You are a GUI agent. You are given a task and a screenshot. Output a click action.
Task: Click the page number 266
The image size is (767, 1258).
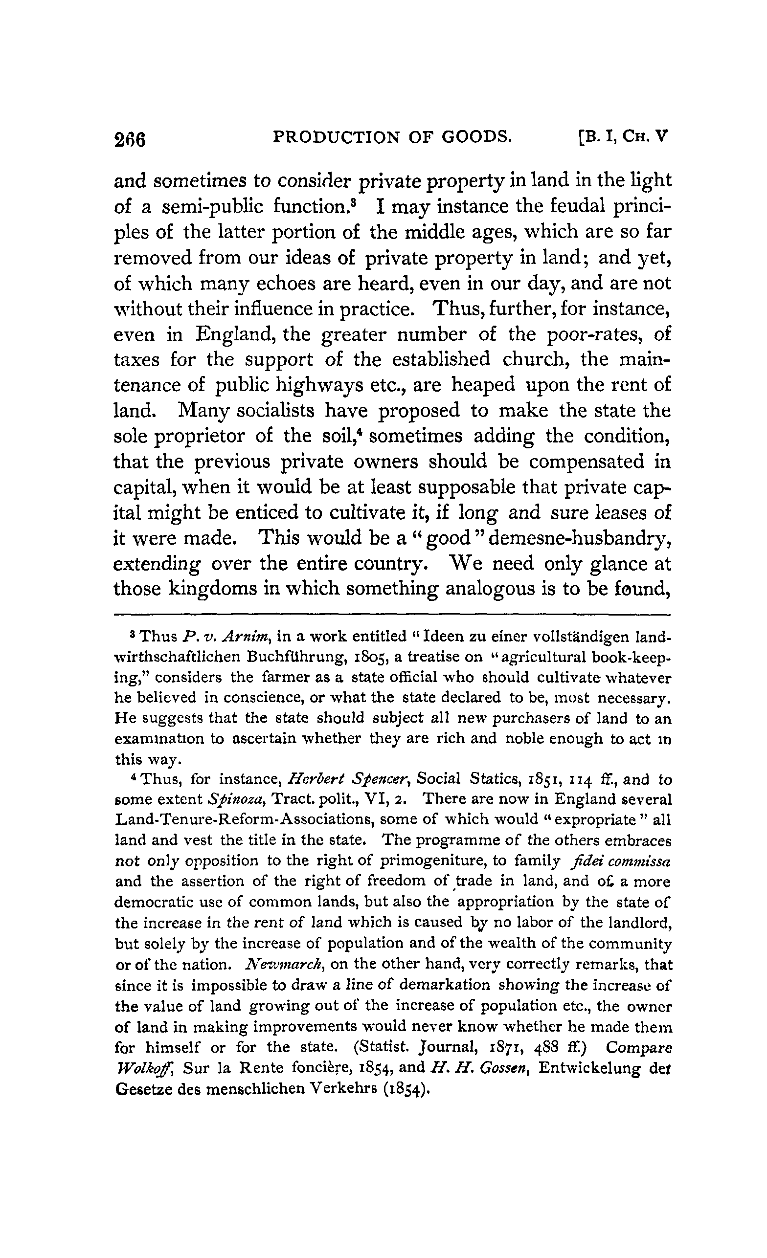[x=130, y=139]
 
